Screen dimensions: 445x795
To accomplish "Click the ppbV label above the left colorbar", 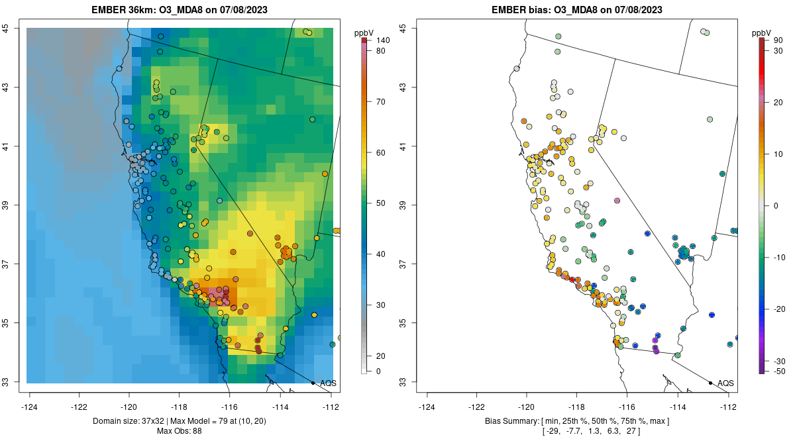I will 364,32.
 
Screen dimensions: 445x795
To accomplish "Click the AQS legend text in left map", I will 328,383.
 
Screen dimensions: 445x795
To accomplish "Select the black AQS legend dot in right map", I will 710,383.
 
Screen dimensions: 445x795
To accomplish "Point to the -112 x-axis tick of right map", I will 728,407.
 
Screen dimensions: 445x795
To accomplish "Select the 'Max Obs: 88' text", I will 179,431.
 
